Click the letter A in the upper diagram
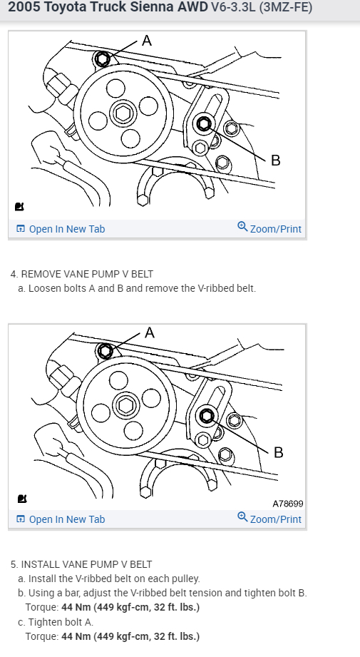click(x=147, y=41)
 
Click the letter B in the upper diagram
click(x=275, y=160)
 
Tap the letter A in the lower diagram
click(x=150, y=332)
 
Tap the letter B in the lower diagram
click(x=278, y=452)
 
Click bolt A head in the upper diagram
click(x=102, y=58)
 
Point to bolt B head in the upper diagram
click(x=204, y=123)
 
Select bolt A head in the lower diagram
click(x=105, y=351)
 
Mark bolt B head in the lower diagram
click(x=207, y=416)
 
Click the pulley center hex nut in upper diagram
click(x=123, y=113)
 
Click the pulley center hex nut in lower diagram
click(x=126, y=405)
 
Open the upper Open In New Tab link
click(x=61, y=229)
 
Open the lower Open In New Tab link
click(x=61, y=519)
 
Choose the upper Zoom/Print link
click(x=269, y=228)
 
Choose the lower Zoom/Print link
click(x=269, y=519)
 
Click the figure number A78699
click(x=287, y=504)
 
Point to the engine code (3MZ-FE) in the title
click(x=285, y=7)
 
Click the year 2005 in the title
click(x=24, y=6)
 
